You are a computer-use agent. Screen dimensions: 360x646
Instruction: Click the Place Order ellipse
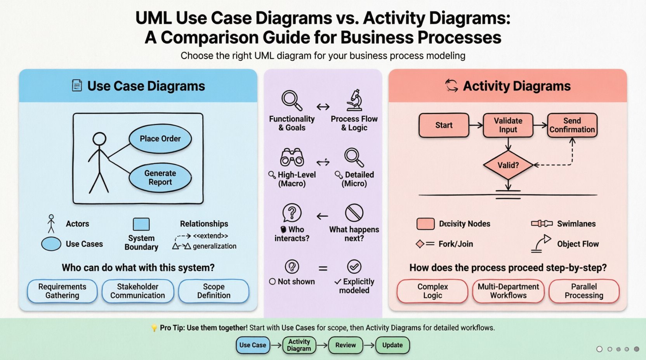(x=160, y=139)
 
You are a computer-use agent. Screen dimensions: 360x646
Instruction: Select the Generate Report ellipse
(x=160, y=178)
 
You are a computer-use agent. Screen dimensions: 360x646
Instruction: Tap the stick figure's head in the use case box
(x=99, y=139)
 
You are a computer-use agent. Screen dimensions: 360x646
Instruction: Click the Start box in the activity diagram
(x=444, y=125)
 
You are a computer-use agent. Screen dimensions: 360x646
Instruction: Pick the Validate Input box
(x=508, y=125)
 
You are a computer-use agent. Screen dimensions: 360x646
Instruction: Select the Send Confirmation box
(x=572, y=125)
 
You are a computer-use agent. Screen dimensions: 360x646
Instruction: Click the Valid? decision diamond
(x=508, y=165)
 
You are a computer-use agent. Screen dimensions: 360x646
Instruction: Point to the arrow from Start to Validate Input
(x=476, y=125)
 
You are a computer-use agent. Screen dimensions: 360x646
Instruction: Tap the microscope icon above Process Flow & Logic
(x=354, y=100)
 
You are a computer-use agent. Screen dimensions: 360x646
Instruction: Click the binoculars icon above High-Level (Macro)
(x=292, y=157)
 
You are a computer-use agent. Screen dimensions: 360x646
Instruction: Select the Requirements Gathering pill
(x=62, y=291)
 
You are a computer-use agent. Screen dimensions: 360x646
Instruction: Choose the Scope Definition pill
(x=214, y=291)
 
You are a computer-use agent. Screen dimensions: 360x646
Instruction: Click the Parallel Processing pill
(x=584, y=291)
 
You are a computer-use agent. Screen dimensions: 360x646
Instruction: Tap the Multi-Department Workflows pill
(x=508, y=291)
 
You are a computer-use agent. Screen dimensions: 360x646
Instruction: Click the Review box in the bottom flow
(x=346, y=345)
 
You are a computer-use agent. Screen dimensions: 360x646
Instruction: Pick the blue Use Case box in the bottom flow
(x=253, y=345)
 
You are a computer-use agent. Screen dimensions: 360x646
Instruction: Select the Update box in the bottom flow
(x=392, y=345)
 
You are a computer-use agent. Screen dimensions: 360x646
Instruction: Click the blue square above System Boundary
(x=141, y=224)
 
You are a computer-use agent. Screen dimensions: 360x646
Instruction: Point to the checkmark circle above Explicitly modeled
(x=354, y=267)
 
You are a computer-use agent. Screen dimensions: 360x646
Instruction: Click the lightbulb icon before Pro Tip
(x=155, y=328)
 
